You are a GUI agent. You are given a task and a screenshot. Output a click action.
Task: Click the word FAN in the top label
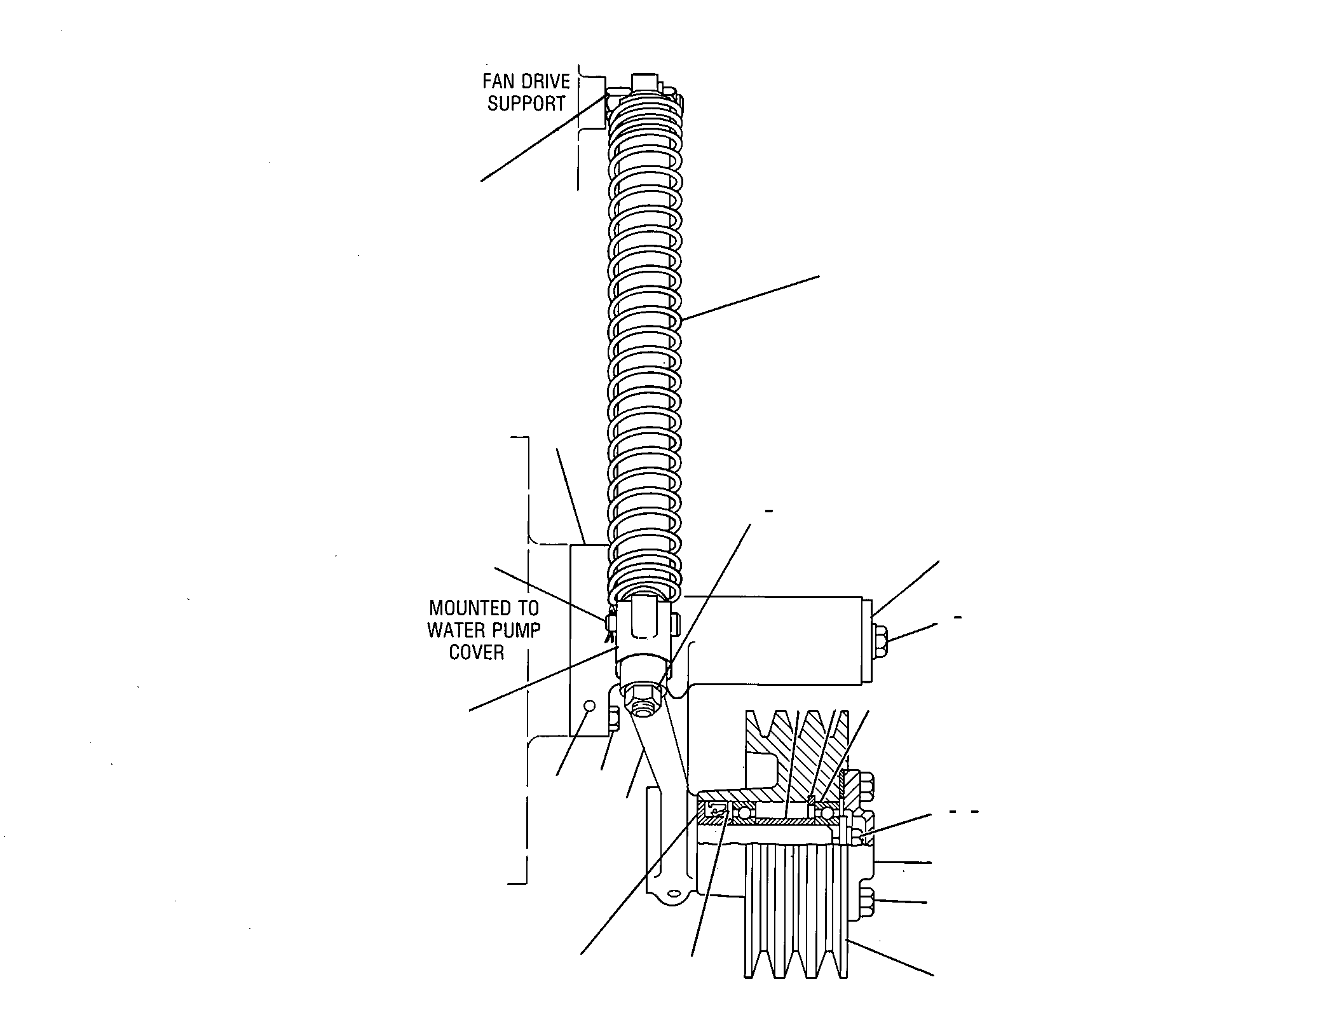pos(499,81)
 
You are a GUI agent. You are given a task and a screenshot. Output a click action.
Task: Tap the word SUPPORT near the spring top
pos(526,104)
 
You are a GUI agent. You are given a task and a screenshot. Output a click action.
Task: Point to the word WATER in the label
pos(455,630)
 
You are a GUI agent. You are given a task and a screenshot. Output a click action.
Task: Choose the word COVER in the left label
pos(477,652)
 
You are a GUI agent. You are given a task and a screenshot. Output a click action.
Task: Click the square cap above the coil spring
pos(647,82)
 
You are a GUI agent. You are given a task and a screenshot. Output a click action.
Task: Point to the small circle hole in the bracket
pos(589,705)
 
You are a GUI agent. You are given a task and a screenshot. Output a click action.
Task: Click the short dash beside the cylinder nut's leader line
pos(958,617)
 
